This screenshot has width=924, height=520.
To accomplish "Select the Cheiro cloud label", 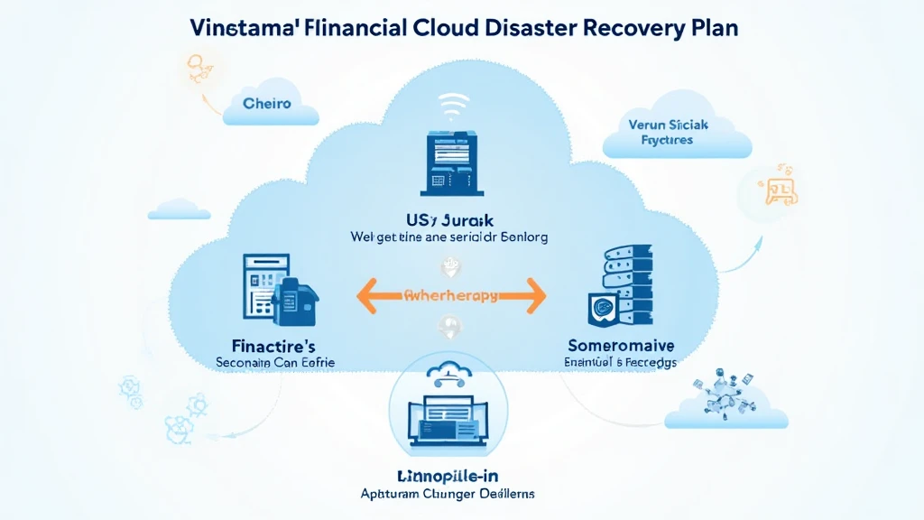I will (267, 104).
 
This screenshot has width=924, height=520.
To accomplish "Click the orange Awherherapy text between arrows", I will (451, 295).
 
